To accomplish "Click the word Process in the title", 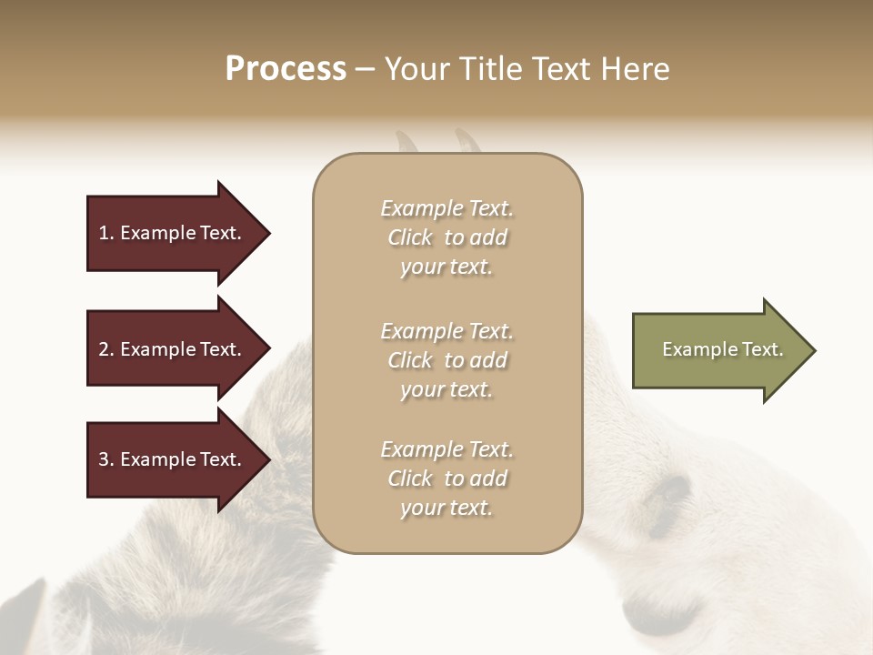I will (286, 69).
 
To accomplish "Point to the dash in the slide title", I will (365, 70).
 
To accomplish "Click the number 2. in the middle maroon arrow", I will (106, 349).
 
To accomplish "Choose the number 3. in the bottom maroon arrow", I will (106, 459).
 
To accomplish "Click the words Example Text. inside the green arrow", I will (722, 349).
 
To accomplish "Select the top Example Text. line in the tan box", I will (447, 208).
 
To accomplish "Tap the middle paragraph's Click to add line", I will (447, 360).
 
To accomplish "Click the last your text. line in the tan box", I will (447, 508).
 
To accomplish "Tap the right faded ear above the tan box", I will (468, 141).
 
